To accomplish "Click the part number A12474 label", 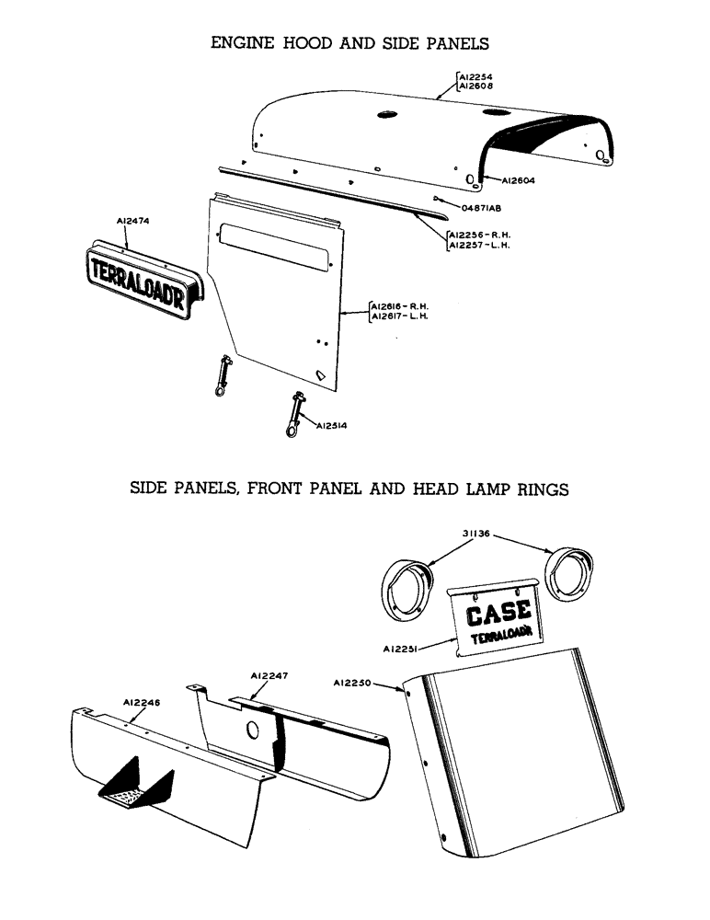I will point(133,221).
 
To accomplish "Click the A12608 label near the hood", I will point(476,85).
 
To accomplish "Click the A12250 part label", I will point(353,683).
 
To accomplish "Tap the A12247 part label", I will point(270,675).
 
